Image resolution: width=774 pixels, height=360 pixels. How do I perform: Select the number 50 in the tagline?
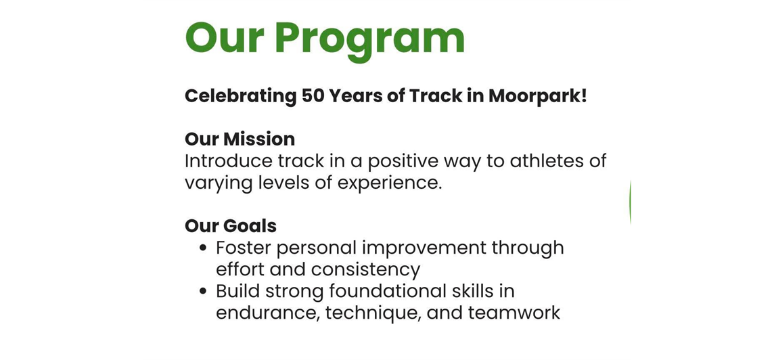click(x=313, y=96)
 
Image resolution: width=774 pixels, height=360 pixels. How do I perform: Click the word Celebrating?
click(x=240, y=96)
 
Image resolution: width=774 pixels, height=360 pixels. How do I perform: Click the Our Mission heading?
click(x=240, y=139)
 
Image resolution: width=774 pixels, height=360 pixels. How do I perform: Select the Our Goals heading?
click(x=230, y=225)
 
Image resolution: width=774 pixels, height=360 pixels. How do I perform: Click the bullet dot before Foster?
click(x=203, y=248)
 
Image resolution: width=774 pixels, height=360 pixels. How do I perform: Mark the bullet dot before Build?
click(x=203, y=292)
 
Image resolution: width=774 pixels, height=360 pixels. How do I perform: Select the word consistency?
click(x=365, y=269)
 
